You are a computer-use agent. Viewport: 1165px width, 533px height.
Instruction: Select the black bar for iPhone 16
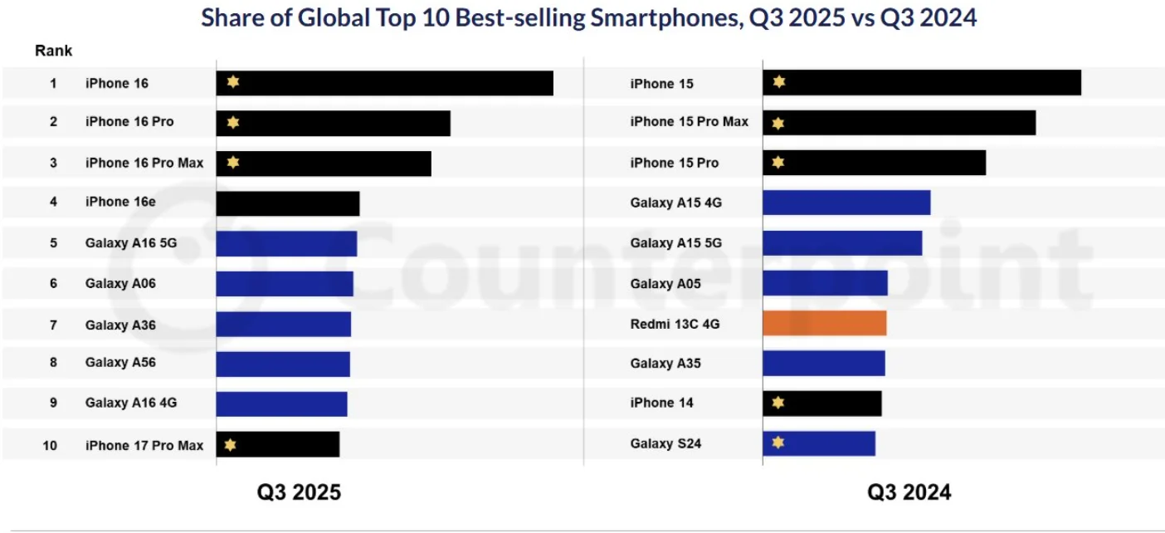coord(385,83)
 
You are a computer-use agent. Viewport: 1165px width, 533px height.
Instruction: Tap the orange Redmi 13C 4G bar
coord(824,323)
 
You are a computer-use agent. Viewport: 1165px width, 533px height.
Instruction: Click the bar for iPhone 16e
coord(288,203)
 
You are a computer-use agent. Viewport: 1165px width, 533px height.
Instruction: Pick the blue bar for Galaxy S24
coord(819,443)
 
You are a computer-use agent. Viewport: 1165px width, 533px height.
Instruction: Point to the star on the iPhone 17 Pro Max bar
coord(231,445)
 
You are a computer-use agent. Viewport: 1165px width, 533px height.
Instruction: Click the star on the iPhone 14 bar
coord(777,403)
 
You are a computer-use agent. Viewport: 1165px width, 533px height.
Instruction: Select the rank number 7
coord(53,325)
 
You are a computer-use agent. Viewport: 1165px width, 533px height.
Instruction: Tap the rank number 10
coord(50,445)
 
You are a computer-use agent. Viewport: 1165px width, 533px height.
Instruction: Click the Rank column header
coord(53,51)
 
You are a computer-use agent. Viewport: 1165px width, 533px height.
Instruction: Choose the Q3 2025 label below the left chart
coord(299,492)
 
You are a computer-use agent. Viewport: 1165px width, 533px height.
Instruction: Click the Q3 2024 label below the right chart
coord(909,492)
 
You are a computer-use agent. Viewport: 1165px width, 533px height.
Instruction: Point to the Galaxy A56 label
coord(120,363)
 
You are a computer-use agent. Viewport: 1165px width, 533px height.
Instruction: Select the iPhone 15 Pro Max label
coord(689,122)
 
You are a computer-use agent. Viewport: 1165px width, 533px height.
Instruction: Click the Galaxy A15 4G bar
coord(846,203)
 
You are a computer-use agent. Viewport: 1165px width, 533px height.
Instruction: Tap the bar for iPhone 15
coord(922,83)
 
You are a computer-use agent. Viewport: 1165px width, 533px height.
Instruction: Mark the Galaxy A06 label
coord(120,283)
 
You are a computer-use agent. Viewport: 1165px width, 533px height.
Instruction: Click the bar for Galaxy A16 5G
coord(286,244)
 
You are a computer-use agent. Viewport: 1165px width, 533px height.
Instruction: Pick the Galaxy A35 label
coord(665,363)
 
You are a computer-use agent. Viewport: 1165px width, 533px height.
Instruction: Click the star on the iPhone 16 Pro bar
coord(233,123)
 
